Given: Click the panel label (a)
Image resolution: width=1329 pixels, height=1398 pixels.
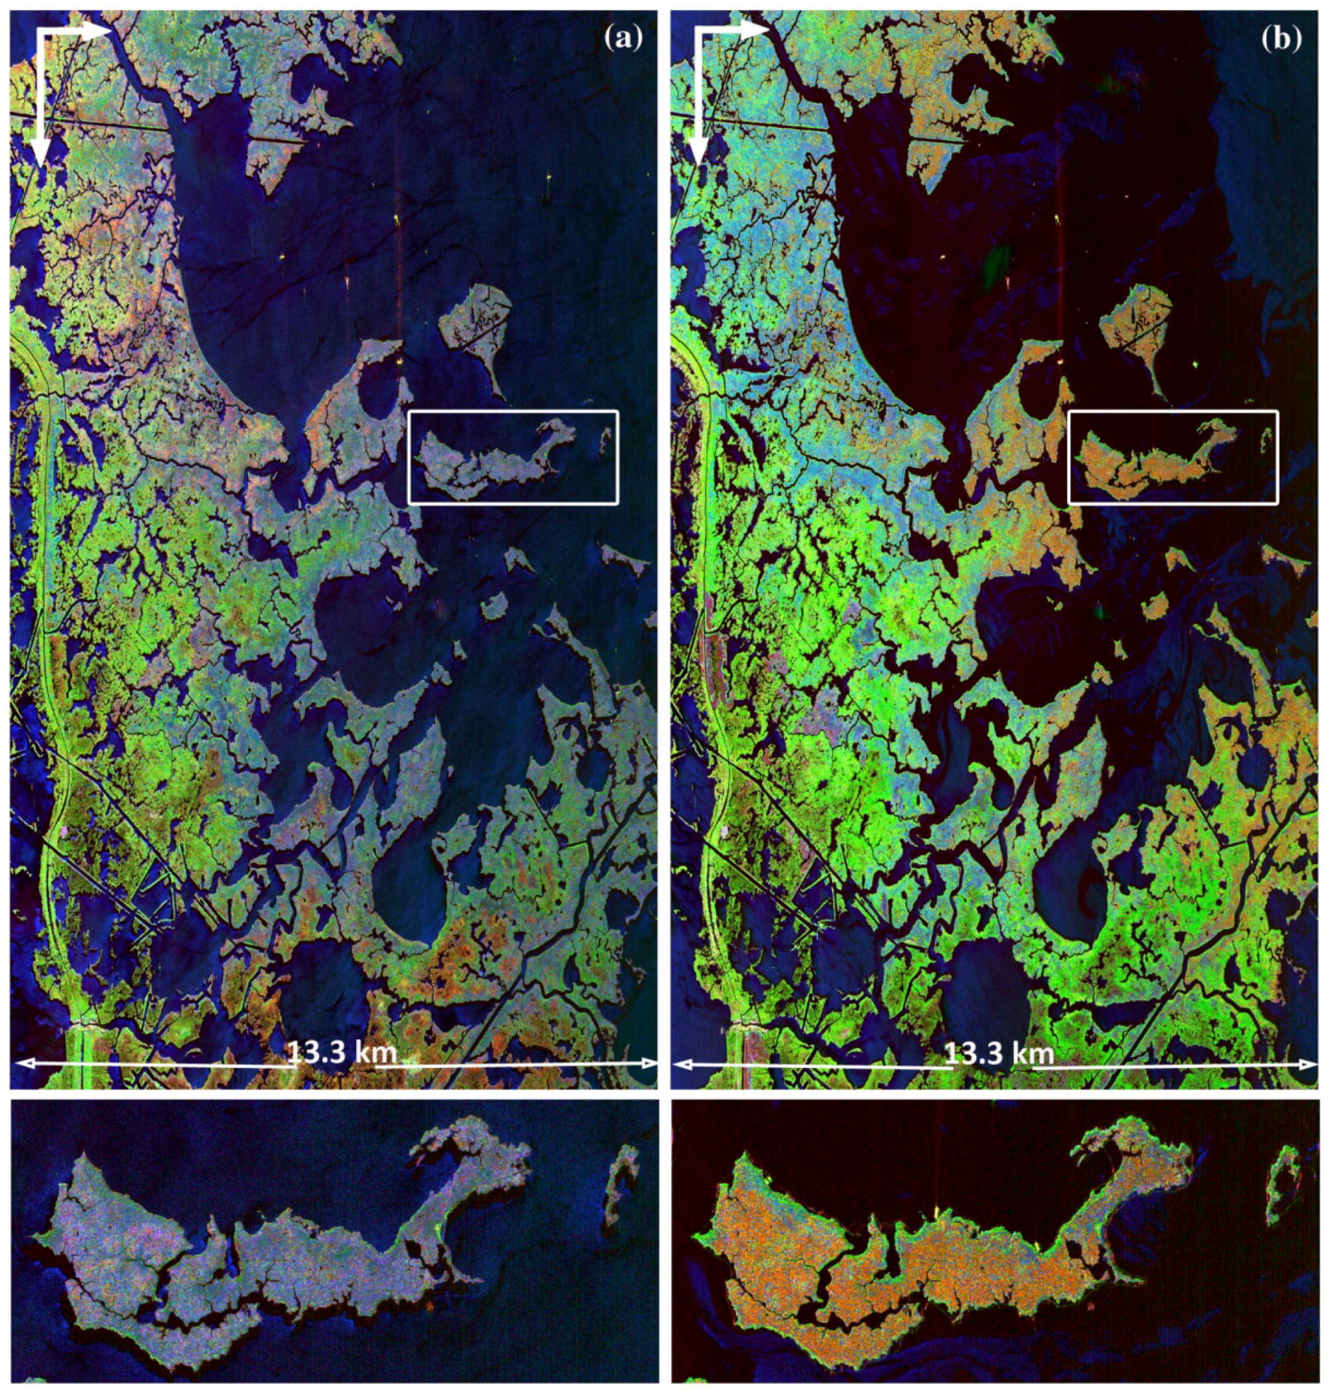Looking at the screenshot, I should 623,39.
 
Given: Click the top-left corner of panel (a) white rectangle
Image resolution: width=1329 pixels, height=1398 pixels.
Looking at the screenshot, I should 409,412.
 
